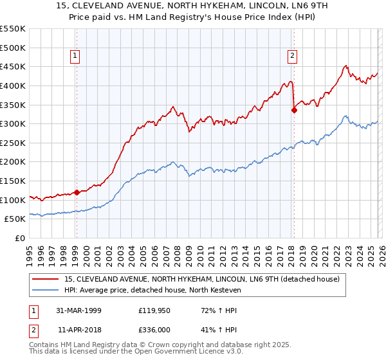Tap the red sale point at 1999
pos(77,192)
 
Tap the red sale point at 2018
pos(294,110)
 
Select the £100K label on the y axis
pos(13,200)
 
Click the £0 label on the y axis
pos(19,238)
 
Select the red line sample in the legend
pos(46,279)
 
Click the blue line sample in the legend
pos(46,290)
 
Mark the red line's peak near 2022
pos(346,66)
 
